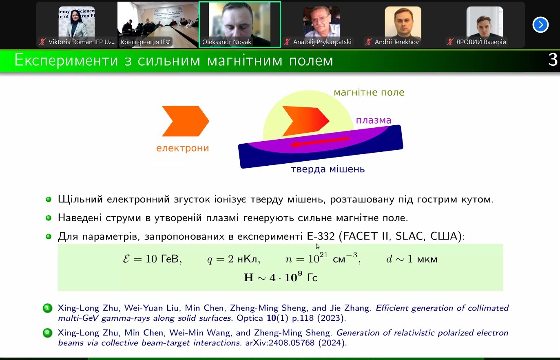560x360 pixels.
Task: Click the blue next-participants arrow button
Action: tap(540, 25)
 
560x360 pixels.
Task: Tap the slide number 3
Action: tap(553, 60)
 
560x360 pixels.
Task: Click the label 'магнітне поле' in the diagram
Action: tap(369, 92)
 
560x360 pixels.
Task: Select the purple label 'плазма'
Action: tap(374, 120)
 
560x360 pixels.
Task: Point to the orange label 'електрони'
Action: tap(182, 148)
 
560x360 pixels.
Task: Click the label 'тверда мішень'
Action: tap(328, 169)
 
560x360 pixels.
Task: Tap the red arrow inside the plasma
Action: tap(320, 142)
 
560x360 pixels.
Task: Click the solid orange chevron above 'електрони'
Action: tap(186, 121)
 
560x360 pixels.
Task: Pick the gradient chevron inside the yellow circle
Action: tap(306, 121)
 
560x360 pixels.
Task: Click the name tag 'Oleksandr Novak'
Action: tap(226, 42)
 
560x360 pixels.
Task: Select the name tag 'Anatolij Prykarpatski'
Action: tap(322, 42)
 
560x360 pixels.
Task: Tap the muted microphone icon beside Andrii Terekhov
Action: tap(368, 42)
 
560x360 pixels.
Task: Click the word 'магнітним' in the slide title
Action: tap(244, 60)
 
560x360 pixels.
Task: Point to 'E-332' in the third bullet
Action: tap(321, 236)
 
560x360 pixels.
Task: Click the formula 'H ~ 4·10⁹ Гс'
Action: tap(281, 277)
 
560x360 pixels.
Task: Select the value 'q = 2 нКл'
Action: tap(233, 259)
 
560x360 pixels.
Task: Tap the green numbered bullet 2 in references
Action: tap(47, 333)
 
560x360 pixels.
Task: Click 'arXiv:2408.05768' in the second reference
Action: tap(280, 343)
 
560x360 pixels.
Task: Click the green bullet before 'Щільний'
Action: tap(49, 200)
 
